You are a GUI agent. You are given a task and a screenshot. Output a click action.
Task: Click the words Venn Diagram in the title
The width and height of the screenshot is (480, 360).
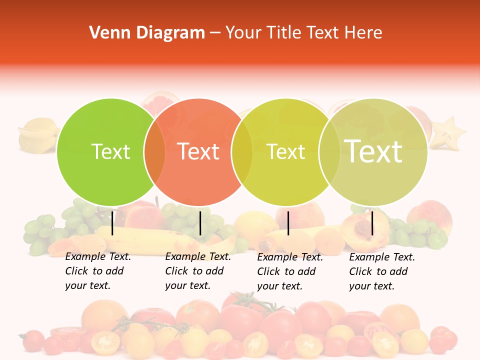(x=147, y=33)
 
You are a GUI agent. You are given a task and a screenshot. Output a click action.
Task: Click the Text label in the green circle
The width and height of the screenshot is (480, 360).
(x=110, y=151)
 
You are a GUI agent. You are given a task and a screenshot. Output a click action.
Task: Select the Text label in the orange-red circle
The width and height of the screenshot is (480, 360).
(x=198, y=151)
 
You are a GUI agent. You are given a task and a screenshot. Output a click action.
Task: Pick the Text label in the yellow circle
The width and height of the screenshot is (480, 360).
(x=285, y=151)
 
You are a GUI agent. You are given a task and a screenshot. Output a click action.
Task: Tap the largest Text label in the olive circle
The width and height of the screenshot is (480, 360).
(x=373, y=151)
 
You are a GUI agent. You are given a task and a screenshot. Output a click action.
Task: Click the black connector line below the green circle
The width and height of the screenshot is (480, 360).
(x=112, y=223)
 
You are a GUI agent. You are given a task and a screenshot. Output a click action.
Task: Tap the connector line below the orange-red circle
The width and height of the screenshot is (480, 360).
(x=200, y=223)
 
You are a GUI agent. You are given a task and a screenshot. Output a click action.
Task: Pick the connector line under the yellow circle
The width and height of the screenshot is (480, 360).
(x=288, y=223)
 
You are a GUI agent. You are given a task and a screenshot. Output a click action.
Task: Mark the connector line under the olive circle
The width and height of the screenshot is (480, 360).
(x=372, y=223)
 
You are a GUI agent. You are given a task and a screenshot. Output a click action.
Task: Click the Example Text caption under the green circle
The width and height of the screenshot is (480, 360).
(x=98, y=271)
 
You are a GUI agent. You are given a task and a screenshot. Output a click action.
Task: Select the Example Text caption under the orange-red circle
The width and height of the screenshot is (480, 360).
(x=198, y=271)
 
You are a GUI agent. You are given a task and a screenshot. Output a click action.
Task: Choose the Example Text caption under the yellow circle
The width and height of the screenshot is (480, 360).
(x=290, y=271)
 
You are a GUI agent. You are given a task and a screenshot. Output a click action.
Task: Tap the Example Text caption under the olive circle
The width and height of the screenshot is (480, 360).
(x=382, y=271)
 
